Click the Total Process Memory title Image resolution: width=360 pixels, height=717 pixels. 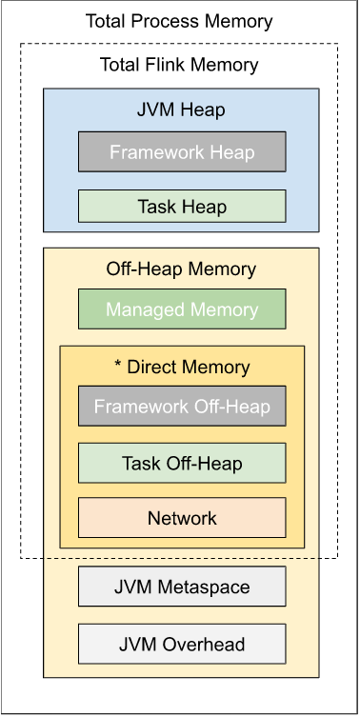click(179, 21)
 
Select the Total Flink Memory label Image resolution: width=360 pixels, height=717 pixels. click(179, 65)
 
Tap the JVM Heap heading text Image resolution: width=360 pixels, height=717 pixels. click(181, 110)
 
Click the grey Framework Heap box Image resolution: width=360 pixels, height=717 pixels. click(181, 152)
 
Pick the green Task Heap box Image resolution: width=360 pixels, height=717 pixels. click(181, 206)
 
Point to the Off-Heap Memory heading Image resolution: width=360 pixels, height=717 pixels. click(181, 269)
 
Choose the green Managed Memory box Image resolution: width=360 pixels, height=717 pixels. click(181, 309)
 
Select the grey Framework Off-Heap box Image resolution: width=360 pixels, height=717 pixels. click(181, 408)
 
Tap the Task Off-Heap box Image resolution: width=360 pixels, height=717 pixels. click(181, 464)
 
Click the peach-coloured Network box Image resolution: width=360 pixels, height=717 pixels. click(181, 518)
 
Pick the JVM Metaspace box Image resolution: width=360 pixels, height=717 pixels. click(181, 588)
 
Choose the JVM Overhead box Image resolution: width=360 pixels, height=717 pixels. click(181, 645)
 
